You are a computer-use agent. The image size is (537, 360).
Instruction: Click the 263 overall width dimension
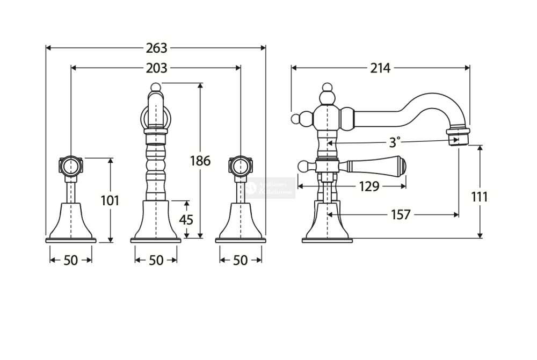click(157, 48)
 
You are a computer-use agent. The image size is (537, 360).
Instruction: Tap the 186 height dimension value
click(200, 160)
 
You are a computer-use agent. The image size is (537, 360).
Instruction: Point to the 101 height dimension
click(110, 200)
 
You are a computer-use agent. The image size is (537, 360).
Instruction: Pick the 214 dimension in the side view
click(380, 68)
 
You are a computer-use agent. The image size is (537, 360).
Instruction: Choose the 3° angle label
click(395, 142)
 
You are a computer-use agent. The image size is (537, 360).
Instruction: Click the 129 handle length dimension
click(369, 186)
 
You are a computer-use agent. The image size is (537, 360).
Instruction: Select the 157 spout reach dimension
click(400, 215)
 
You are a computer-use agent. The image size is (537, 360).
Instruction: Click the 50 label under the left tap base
click(71, 260)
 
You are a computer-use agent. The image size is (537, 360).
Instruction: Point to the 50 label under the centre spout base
click(156, 260)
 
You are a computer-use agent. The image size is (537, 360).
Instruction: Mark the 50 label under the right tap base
click(241, 260)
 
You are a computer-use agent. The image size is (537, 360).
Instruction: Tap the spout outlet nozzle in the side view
click(458, 135)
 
